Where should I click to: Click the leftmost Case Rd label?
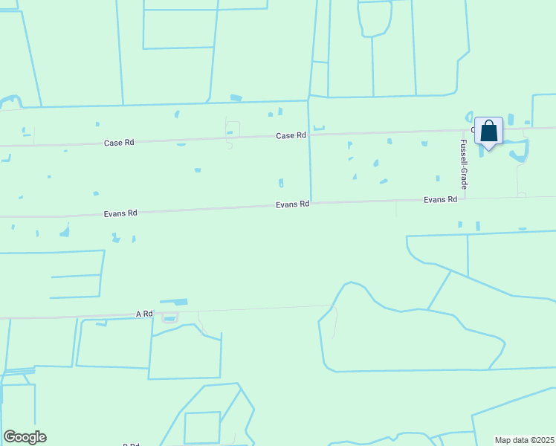point(119,142)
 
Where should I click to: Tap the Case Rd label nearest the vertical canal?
point(291,136)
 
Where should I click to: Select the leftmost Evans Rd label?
point(121,213)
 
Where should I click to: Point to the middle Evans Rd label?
point(292,204)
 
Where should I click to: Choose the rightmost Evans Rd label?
point(440,200)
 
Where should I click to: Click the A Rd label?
point(144,314)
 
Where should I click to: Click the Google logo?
point(25,437)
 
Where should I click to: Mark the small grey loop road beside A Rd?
point(170,318)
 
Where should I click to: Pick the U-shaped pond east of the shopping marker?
point(520,151)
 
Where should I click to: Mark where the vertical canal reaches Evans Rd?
point(311,203)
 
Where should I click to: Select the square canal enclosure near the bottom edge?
point(202,427)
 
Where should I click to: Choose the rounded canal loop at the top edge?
point(375,19)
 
